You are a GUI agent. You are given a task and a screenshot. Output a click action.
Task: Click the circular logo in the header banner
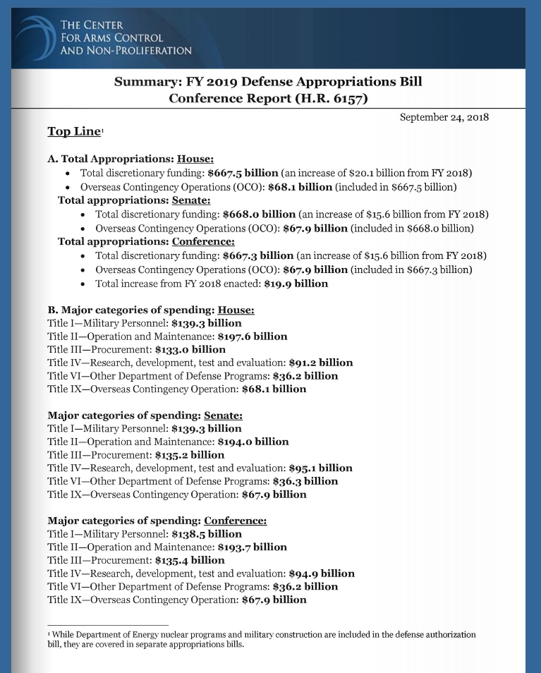35,35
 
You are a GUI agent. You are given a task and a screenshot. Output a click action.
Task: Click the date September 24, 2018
444,117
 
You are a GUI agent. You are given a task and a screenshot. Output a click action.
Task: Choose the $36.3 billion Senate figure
305,481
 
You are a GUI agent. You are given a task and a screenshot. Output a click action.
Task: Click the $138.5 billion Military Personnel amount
207,534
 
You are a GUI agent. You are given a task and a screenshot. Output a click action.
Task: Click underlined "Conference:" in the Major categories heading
236,521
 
